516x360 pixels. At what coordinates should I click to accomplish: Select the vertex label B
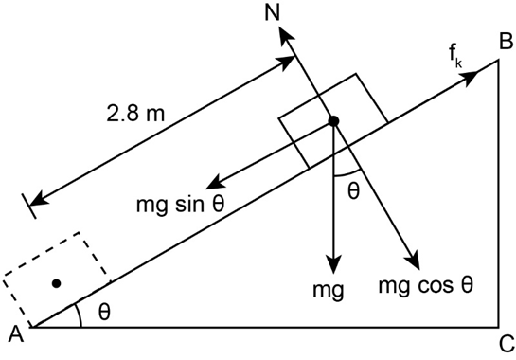tap(507, 42)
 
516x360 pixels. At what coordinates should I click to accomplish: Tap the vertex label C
tap(507, 344)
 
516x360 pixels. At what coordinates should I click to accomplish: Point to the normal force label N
tap(272, 13)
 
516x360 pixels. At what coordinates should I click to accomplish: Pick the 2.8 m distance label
tap(135, 114)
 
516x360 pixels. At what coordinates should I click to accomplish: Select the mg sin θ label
tap(180, 205)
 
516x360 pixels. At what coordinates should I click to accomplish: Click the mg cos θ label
tap(426, 285)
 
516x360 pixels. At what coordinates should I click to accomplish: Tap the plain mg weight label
tap(329, 291)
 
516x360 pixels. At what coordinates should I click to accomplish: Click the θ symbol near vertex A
tap(104, 312)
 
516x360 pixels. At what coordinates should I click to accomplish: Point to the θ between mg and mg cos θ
tap(354, 191)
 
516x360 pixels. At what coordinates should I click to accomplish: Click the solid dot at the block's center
tap(333, 121)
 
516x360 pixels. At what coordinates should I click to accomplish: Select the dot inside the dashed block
tap(57, 283)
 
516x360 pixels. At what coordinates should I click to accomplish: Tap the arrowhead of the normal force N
tap(284, 33)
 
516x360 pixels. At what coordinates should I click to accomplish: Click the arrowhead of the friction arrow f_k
tap(470, 76)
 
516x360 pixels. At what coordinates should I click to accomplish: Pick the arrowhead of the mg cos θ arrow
tap(415, 261)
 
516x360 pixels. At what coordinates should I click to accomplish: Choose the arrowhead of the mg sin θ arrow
tap(215, 183)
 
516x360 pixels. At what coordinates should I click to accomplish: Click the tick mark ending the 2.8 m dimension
tap(29, 206)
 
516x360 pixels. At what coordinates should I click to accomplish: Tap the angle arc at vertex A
tap(79, 315)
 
